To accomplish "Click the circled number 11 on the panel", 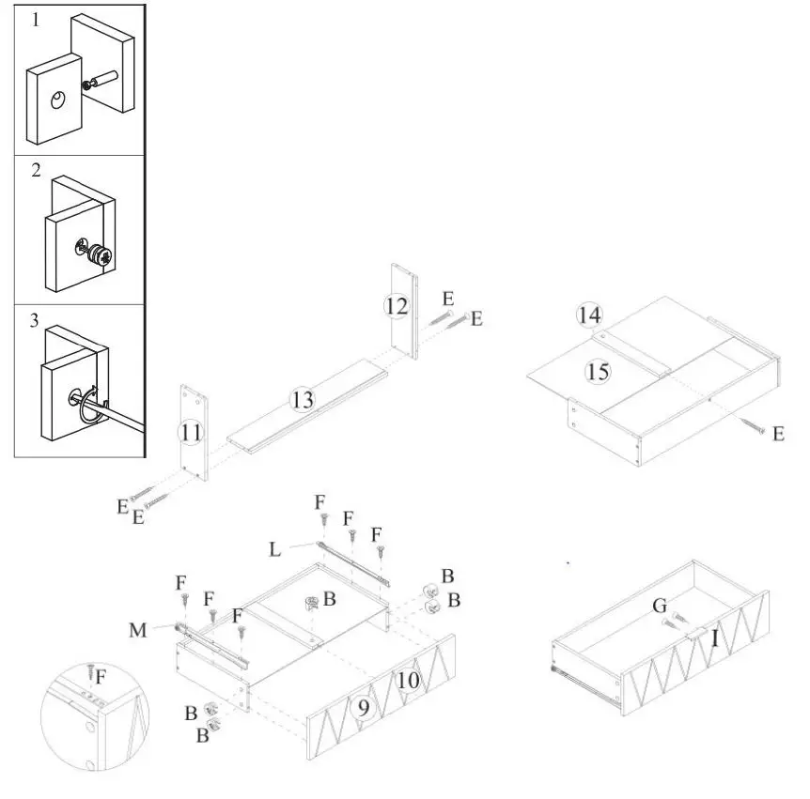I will pos(191,432).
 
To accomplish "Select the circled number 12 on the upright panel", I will pos(397,306).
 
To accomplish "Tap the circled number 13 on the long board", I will pos(301,401).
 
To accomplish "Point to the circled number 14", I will pos(589,315).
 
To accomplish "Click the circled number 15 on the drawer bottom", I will pos(597,372).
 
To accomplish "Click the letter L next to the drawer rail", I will pos(274,550).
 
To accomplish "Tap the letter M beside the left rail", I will pos(138,630).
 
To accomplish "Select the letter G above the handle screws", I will pos(661,607).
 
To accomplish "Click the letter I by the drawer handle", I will pos(714,639).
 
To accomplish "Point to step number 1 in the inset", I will pos(36,18).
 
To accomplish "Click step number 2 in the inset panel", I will pos(36,170).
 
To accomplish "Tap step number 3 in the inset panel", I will pos(36,321).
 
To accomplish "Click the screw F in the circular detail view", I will pos(90,671).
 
